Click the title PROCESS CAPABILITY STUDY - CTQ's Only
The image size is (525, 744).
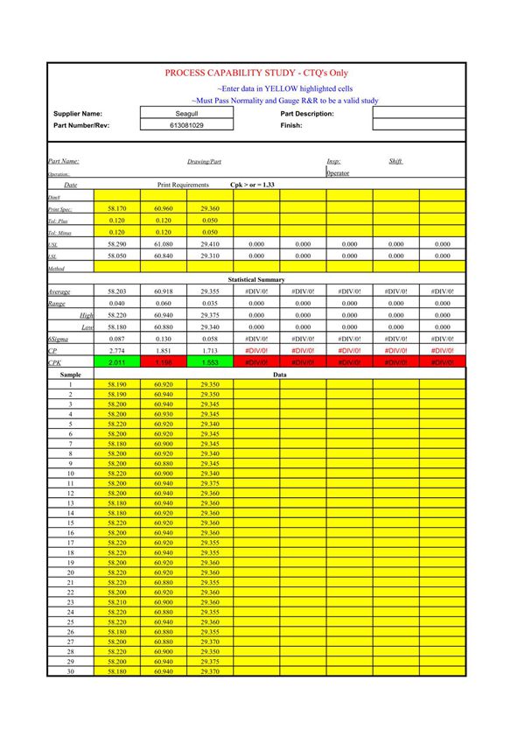click(x=256, y=74)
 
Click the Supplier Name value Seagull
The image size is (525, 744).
click(x=186, y=114)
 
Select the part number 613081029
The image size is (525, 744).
click(x=186, y=125)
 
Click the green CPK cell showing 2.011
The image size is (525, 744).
click(x=116, y=361)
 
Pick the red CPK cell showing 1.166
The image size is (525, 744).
click(x=163, y=361)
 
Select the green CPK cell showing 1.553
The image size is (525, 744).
click(x=209, y=361)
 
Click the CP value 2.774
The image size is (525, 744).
click(x=116, y=350)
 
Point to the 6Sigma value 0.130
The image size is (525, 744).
click(x=163, y=338)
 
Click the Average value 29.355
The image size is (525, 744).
click(x=209, y=291)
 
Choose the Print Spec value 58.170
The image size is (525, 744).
click(x=116, y=209)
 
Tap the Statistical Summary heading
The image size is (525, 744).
click(x=256, y=279)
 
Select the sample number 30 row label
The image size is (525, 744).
click(x=71, y=671)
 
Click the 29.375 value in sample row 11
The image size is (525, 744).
click(x=209, y=483)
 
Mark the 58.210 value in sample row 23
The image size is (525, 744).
click(x=116, y=602)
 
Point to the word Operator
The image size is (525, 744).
click(x=338, y=173)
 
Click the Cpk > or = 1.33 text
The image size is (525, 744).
click(x=252, y=186)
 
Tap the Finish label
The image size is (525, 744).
click(x=291, y=125)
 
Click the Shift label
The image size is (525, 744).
click(x=395, y=161)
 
